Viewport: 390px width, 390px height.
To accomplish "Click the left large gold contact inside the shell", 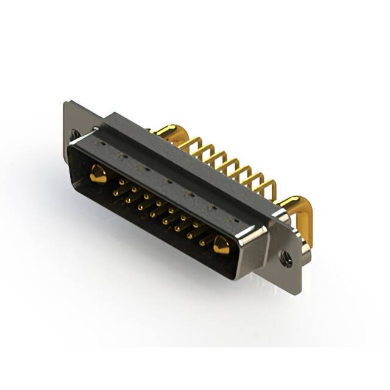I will pyautogui.click(x=97, y=175).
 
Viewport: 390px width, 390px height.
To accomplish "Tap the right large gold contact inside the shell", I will pyautogui.click(x=221, y=245).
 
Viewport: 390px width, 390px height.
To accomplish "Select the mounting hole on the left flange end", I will pyautogui.click(x=74, y=133).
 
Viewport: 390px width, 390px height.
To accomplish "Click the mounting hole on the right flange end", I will pyautogui.click(x=286, y=259).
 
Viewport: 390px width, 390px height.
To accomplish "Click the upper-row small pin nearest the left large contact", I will pyautogui.click(x=121, y=182).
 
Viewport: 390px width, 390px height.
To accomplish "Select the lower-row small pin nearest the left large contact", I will pyautogui.click(x=115, y=193).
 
